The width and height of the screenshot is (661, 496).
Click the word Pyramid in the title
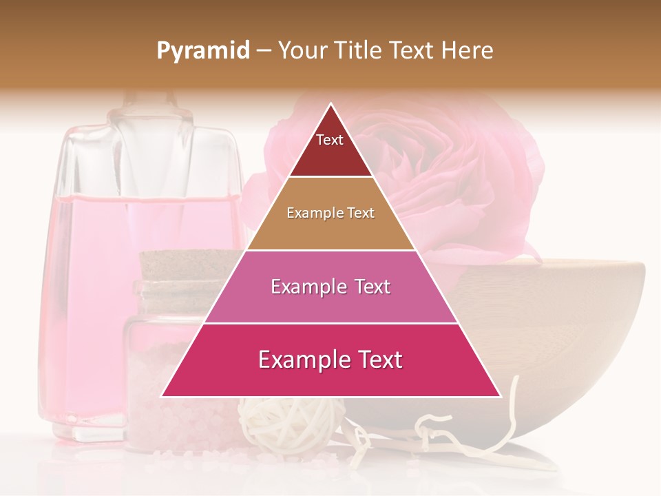203,51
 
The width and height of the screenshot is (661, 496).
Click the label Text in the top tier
329,140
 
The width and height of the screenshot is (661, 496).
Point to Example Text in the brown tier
330,213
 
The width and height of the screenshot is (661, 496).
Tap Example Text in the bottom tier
330,360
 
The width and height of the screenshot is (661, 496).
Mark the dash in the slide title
264,51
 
